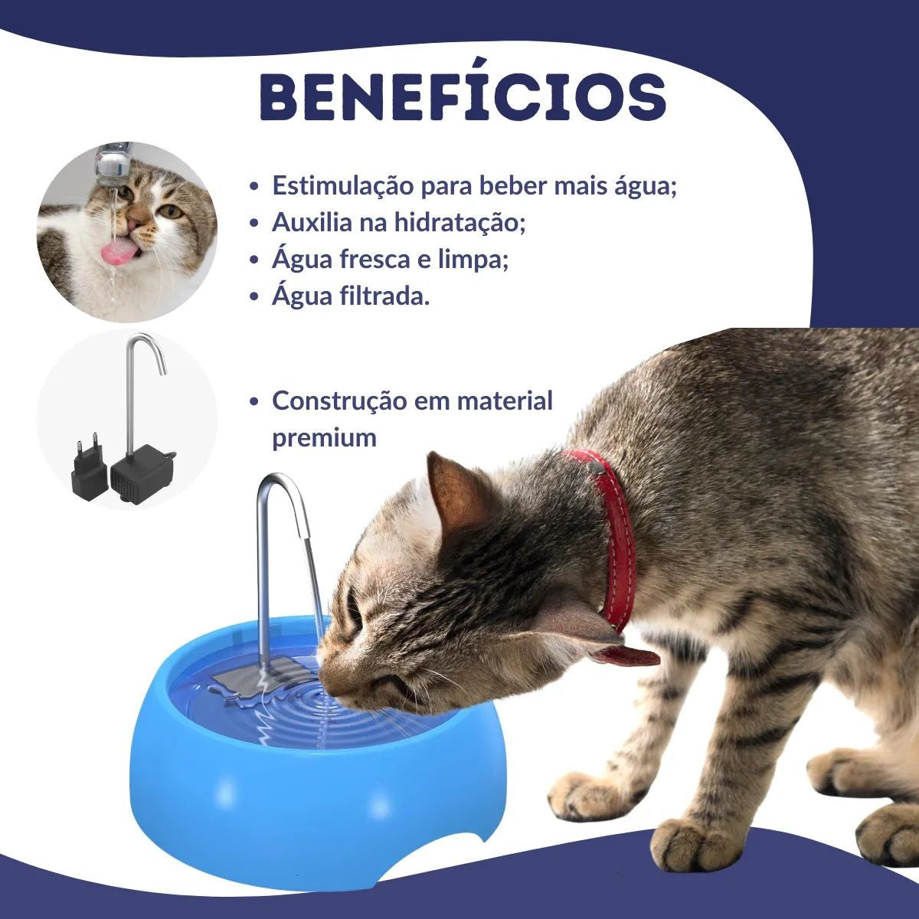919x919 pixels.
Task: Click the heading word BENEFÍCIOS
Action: pyautogui.click(x=462, y=97)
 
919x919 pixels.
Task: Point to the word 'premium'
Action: pyautogui.click(x=324, y=438)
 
